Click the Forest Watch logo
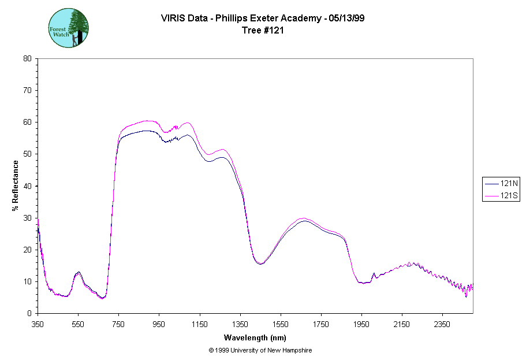(69, 28)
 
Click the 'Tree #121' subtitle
(263, 31)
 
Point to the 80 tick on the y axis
(27, 58)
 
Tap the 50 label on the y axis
(27, 154)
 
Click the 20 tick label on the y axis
(27, 250)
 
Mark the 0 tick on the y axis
(29, 313)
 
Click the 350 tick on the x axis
(38, 324)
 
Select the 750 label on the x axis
(118, 324)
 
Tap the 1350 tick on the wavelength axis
(240, 324)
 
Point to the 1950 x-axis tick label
(361, 324)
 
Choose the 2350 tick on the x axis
(442, 324)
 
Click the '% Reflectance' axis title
(16, 185)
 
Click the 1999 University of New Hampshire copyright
(260, 350)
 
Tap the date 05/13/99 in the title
(345, 18)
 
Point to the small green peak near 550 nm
(78, 272)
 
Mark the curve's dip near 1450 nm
(260, 263)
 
